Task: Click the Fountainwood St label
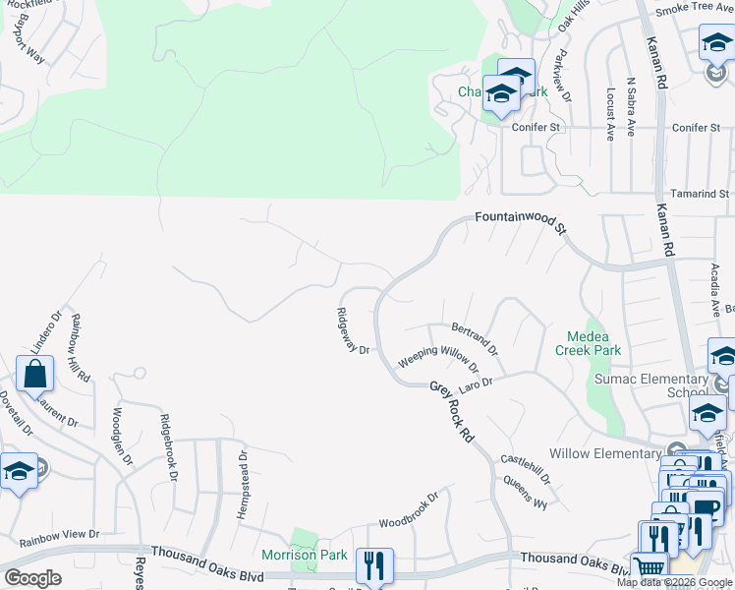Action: click(x=521, y=221)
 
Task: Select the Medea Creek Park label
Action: click(x=588, y=343)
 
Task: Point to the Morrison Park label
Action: click(x=304, y=555)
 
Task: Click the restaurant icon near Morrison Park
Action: click(x=374, y=564)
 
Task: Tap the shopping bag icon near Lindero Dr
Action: click(x=35, y=375)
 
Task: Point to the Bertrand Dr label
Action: click(x=475, y=339)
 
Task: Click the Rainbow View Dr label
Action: click(x=59, y=536)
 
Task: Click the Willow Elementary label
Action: click(x=604, y=453)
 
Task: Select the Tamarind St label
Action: click(x=698, y=194)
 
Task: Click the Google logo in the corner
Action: click(x=32, y=578)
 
